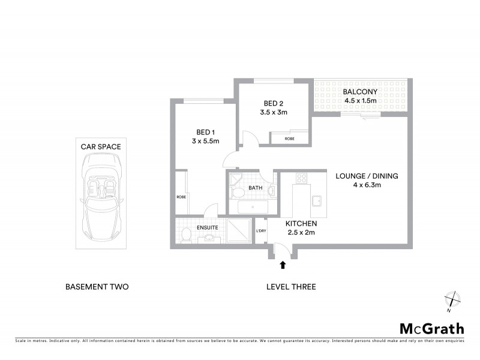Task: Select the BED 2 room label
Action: pos(274,103)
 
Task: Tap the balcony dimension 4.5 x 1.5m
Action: pos(360,100)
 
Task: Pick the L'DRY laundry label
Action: pos(261,232)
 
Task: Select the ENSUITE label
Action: pos(207,227)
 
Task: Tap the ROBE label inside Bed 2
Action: pos(289,139)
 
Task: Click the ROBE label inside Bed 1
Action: pos(181,197)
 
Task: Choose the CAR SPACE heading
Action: pos(101,146)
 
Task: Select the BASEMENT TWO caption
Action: pos(97,287)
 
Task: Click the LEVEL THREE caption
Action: pos(291,287)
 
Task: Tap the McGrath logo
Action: pos(431,328)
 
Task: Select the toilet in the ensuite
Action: pos(185,235)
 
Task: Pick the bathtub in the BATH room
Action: pos(252,208)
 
